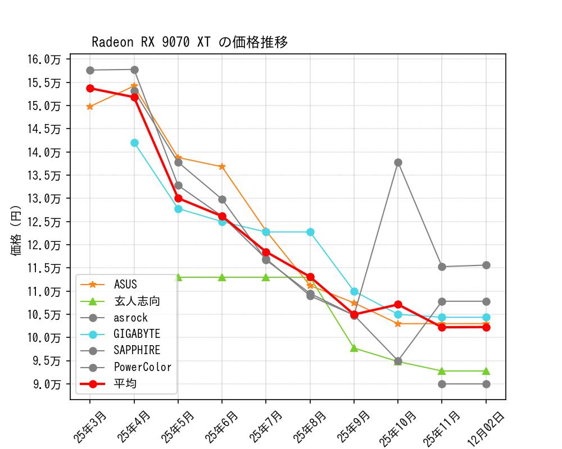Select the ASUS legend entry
(x=125, y=285)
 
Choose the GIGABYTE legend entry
(x=137, y=335)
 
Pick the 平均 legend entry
(x=125, y=384)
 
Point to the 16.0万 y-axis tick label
(x=47, y=59)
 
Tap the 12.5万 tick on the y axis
(x=47, y=222)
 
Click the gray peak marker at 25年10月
(x=398, y=162)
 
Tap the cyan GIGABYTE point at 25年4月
(x=134, y=143)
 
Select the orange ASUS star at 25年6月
(x=222, y=167)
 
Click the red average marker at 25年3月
(x=90, y=88)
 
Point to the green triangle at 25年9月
(x=354, y=348)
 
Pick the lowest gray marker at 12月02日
(x=486, y=384)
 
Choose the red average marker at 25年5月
(x=178, y=198)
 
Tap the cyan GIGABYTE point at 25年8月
(x=310, y=232)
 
